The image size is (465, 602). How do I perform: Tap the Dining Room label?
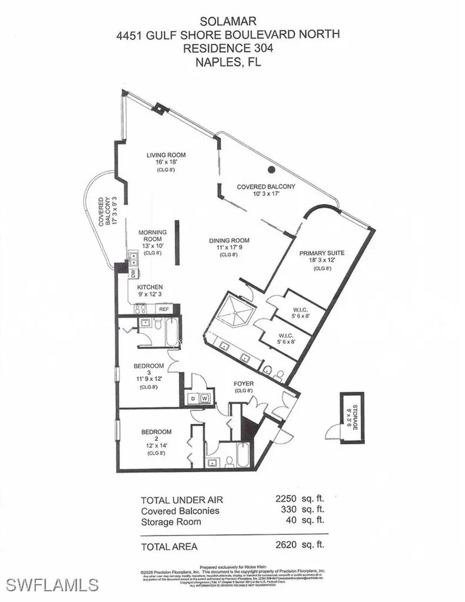(229, 240)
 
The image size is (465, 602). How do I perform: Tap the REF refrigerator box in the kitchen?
(164, 309)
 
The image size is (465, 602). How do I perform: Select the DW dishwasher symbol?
(134, 273)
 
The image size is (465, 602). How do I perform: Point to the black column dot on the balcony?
(271, 170)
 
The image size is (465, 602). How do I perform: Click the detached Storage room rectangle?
(352, 416)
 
